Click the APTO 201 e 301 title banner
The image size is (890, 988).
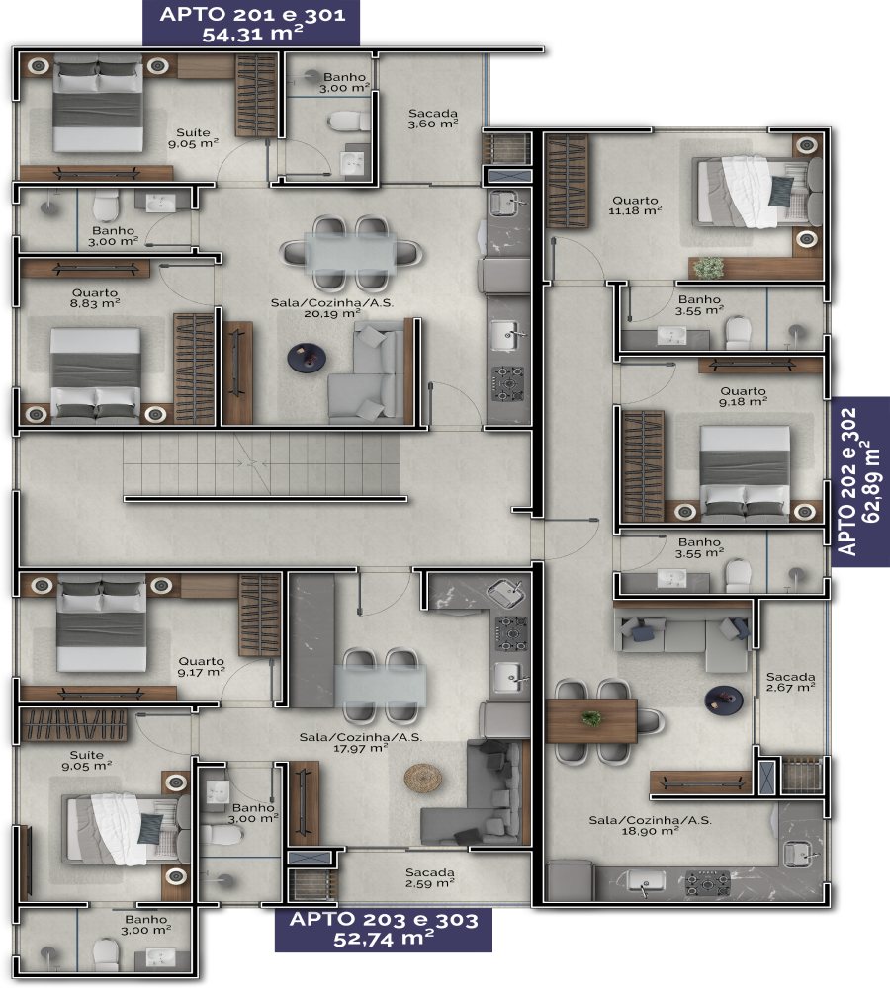tap(251, 23)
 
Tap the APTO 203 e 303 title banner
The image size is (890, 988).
tap(384, 929)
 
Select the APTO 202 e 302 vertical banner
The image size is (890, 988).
tap(859, 482)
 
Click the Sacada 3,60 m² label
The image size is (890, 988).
tap(433, 119)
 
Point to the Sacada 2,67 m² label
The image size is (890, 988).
tap(790, 682)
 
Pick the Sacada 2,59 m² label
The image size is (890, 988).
tap(429, 877)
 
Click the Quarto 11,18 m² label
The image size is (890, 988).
tap(635, 206)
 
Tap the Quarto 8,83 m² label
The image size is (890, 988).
tap(95, 298)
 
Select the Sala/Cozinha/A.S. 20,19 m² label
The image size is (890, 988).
tap(332, 307)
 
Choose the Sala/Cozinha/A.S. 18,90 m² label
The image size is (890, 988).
tap(651, 825)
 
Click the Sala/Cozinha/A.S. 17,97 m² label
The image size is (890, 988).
tap(361, 742)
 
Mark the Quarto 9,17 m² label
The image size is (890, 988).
tap(201, 667)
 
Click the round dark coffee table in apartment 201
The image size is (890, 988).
tap(307, 358)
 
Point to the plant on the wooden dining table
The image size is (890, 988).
tap(591, 717)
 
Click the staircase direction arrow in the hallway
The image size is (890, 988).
tap(252, 463)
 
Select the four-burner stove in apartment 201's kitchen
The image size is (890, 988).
tap(507, 383)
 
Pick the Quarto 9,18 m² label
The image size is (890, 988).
tap(743, 396)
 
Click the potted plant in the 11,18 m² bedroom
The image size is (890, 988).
tap(708, 267)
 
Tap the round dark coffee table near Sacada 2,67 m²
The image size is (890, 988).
tap(724, 700)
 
